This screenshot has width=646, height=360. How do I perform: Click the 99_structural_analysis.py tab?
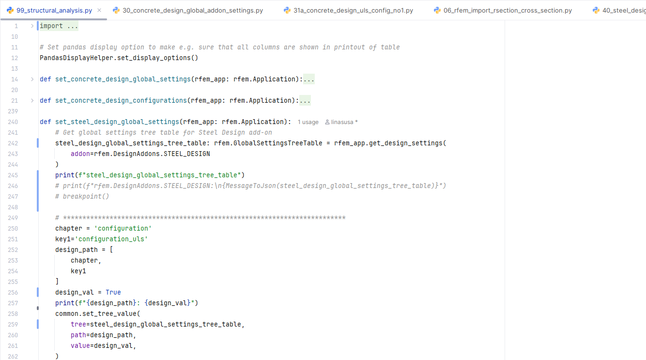tap(54, 10)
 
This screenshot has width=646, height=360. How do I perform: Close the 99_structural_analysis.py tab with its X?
tap(99, 10)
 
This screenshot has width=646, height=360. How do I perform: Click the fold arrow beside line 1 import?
tap(32, 26)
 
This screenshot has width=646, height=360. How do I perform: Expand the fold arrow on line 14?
tap(32, 79)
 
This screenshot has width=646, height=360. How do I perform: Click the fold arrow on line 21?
tap(32, 101)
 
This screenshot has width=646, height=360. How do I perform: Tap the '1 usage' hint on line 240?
tap(308, 122)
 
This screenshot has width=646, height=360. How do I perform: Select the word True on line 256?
tap(113, 293)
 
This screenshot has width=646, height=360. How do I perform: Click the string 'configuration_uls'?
tap(111, 239)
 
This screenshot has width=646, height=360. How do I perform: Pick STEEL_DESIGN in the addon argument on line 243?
tap(186, 154)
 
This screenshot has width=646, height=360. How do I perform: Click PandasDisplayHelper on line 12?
tap(76, 58)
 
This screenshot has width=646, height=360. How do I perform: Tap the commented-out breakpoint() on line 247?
tap(86, 197)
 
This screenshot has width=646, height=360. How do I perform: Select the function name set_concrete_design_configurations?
tap(121, 101)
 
